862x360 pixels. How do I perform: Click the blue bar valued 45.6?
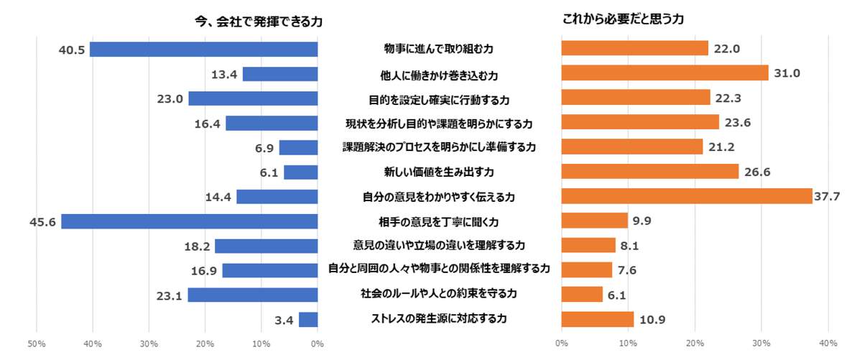[190, 221]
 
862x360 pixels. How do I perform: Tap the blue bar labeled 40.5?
[204, 50]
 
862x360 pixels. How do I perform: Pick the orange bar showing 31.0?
[664, 73]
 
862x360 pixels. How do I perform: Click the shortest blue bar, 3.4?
[308, 320]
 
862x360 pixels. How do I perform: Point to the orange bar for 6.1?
[582, 295]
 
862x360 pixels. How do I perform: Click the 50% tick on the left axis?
[37, 345]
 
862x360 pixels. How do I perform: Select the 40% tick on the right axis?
[828, 345]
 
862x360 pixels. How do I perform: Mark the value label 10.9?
[654, 320]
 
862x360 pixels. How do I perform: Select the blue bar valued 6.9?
[298, 147]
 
